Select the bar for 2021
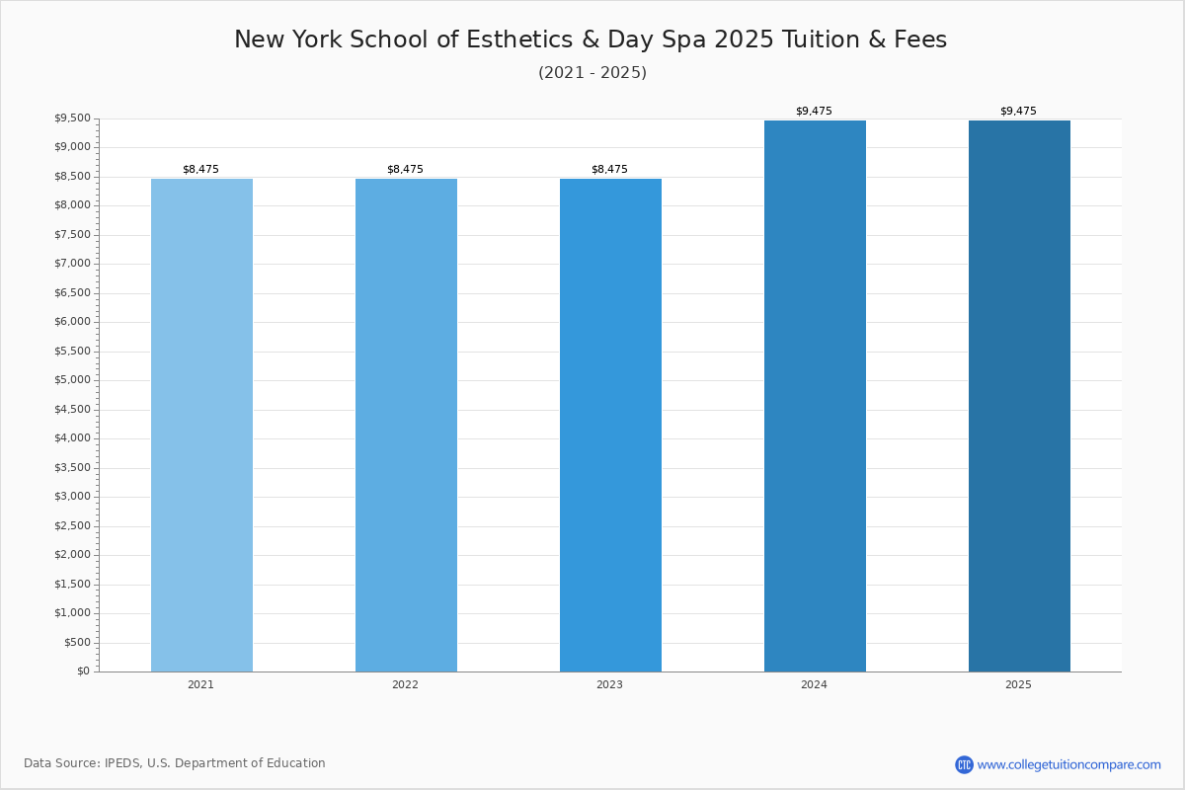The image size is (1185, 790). point(201,425)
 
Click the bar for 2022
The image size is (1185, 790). point(406,425)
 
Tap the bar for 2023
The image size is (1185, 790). point(610,425)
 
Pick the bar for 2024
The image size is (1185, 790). point(815,395)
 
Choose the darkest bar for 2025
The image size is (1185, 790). point(1019,395)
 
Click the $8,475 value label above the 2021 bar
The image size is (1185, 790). point(200,170)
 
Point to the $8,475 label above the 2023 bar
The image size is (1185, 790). point(609,170)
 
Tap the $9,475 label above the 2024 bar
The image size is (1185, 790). point(814,112)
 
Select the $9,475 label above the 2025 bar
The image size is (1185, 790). point(1018,112)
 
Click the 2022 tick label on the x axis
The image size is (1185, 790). point(405,685)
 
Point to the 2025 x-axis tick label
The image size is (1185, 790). point(1018,685)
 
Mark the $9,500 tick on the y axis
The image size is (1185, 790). point(72,118)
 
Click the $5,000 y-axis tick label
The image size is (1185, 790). point(72,380)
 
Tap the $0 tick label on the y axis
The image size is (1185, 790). point(83,671)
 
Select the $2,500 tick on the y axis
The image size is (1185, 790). point(72,525)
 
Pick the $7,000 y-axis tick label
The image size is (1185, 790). point(72,264)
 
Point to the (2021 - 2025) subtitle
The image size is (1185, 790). point(592,73)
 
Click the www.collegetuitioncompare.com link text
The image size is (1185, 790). point(1068,764)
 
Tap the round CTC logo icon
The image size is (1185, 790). point(964,764)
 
